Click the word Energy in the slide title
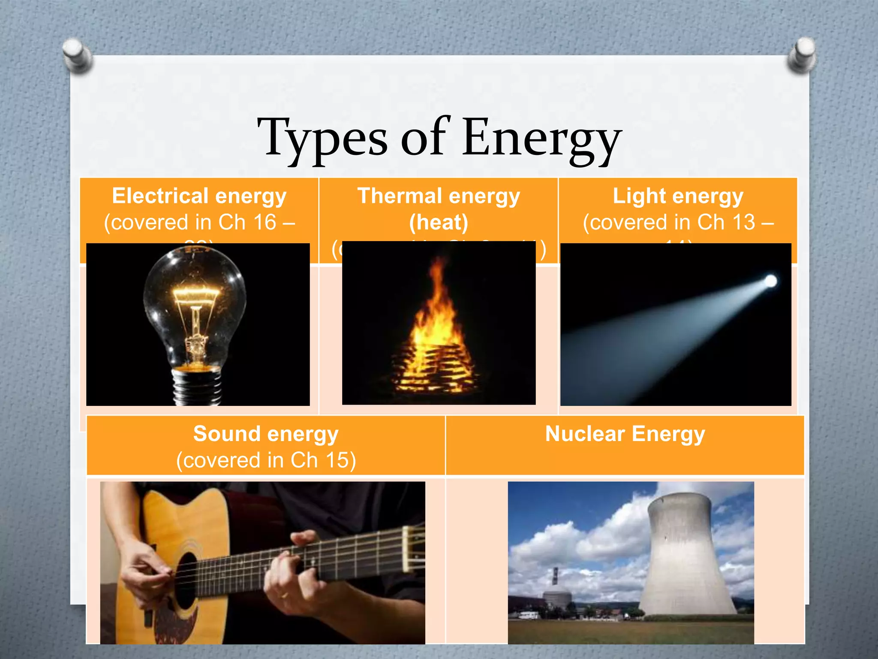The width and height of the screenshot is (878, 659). click(x=542, y=138)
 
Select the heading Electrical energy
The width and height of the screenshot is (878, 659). click(x=199, y=196)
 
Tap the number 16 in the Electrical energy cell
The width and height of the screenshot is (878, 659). click(x=265, y=222)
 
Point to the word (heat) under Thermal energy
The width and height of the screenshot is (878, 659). click(x=439, y=222)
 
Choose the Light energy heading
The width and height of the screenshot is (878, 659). click(x=678, y=196)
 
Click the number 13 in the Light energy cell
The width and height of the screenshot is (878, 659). click(x=743, y=222)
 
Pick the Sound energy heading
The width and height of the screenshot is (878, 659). click(x=266, y=434)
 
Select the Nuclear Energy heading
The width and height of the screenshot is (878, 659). click(x=625, y=434)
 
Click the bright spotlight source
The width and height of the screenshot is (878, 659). click(x=770, y=281)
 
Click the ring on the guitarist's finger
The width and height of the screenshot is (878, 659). click(x=283, y=595)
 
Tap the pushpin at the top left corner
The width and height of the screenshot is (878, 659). click(x=78, y=54)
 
